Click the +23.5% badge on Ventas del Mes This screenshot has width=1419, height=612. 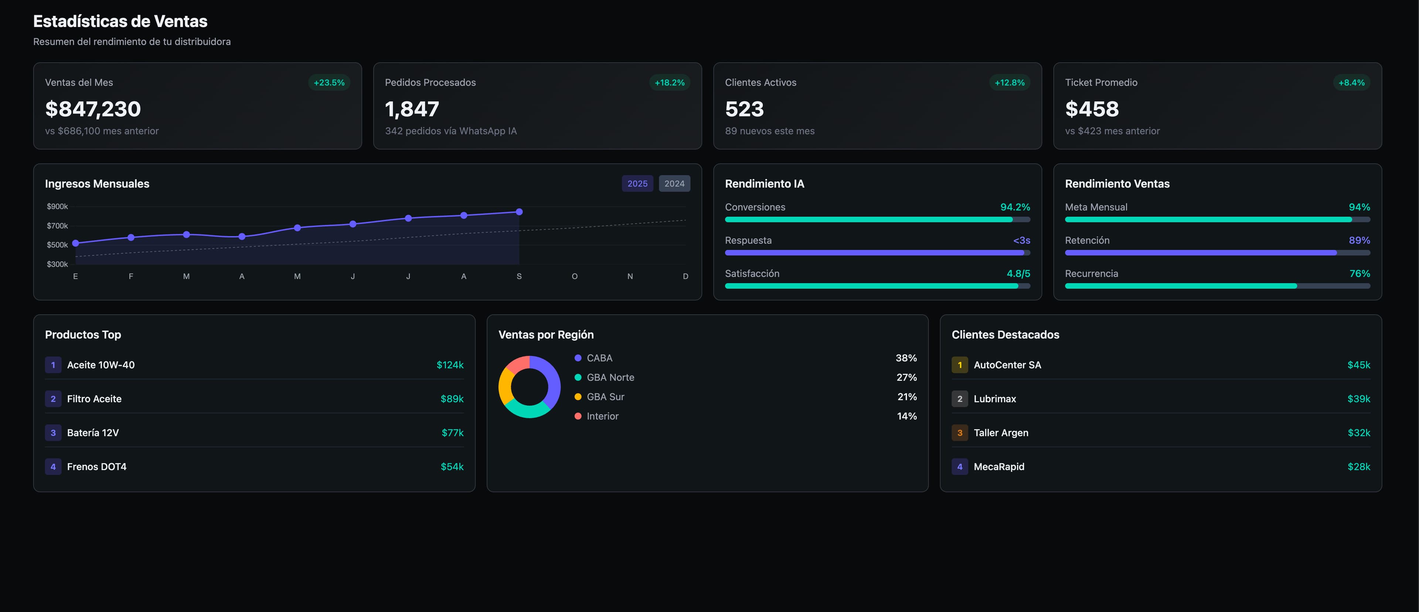(329, 83)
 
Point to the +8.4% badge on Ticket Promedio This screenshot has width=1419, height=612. (1351, 83)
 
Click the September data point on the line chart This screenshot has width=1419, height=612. (519, 212)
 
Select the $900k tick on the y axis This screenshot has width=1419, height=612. (57, 207)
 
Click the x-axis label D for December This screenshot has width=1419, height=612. (685, 276)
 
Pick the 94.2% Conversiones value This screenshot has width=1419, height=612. (1015, 207)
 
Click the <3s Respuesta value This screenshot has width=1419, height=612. (1021, 240)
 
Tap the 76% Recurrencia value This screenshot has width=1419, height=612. (1359, 274)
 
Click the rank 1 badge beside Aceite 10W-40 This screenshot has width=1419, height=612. (53, 365)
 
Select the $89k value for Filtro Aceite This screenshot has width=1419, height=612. (452, 399)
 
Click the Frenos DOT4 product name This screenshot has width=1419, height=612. (96, 466)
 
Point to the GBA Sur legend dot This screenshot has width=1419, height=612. (578, 397)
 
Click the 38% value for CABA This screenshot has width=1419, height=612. (906, 358)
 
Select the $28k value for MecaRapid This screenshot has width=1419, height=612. (1358, 466)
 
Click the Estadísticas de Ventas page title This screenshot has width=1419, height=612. (120, 21)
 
